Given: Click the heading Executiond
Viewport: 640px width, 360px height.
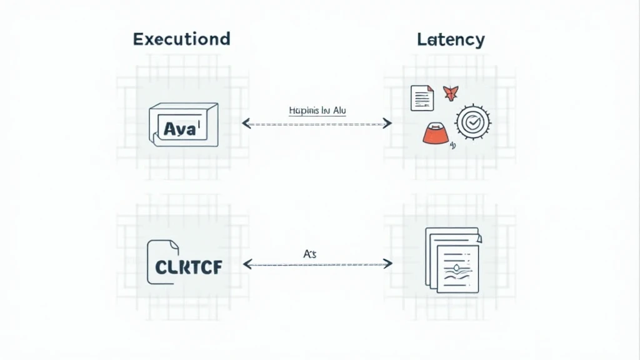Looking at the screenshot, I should coord(181,39).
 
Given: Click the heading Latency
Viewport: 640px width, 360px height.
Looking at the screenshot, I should coord(450,39).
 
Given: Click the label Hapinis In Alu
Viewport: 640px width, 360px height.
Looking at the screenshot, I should coord(317,111).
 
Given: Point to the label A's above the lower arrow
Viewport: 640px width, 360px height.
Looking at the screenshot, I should coord(310,254).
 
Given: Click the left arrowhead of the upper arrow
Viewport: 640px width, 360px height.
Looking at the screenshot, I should coord(246,124).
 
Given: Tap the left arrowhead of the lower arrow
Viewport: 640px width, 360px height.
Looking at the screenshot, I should coord(247,264).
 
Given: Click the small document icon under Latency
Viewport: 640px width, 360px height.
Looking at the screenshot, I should coord(422,98).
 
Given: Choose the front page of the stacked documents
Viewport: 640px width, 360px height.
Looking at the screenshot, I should coord(457,268).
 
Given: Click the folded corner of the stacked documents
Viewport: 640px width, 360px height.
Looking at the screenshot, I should coord(478,238).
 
